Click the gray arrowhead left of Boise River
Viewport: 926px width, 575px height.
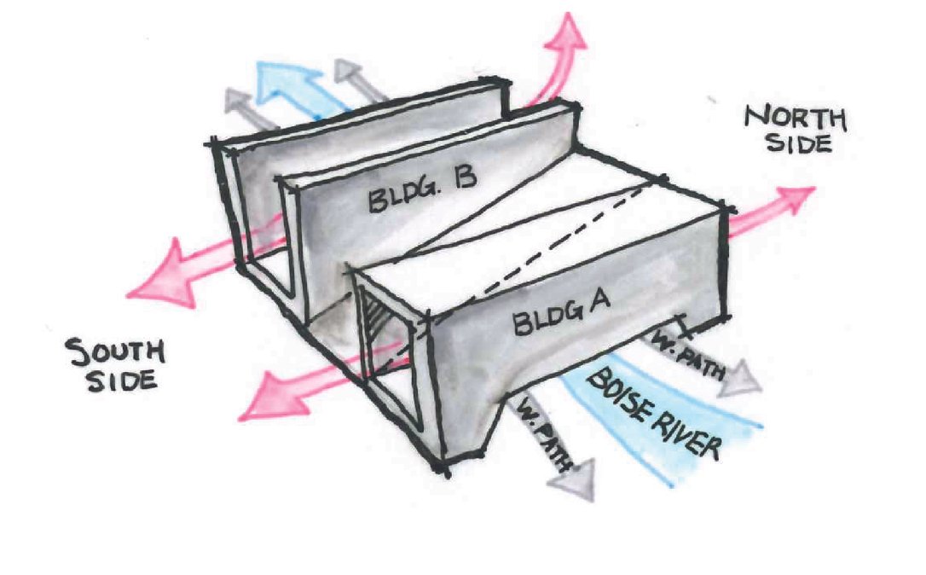(x=569, y=483)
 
